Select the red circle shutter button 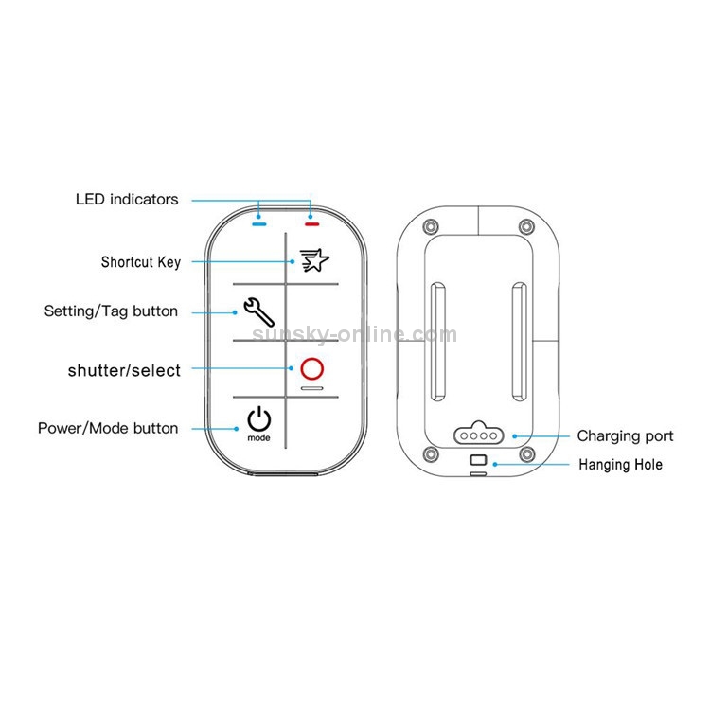point(311,369)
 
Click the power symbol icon point(259,418)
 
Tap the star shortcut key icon point(311,260)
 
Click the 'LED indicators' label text point(127,200)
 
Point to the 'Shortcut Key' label point(141,262)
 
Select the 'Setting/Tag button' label point(111,311)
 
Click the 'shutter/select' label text point(124,370)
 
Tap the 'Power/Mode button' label point(108,429)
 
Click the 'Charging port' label point(626,436)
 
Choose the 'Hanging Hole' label point(620,465)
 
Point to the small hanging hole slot point(478,461)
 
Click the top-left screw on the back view point(432,226)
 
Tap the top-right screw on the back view point(526,226)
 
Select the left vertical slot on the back point(437,342)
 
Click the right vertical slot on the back point(519,342)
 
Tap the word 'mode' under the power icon point(259,439)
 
